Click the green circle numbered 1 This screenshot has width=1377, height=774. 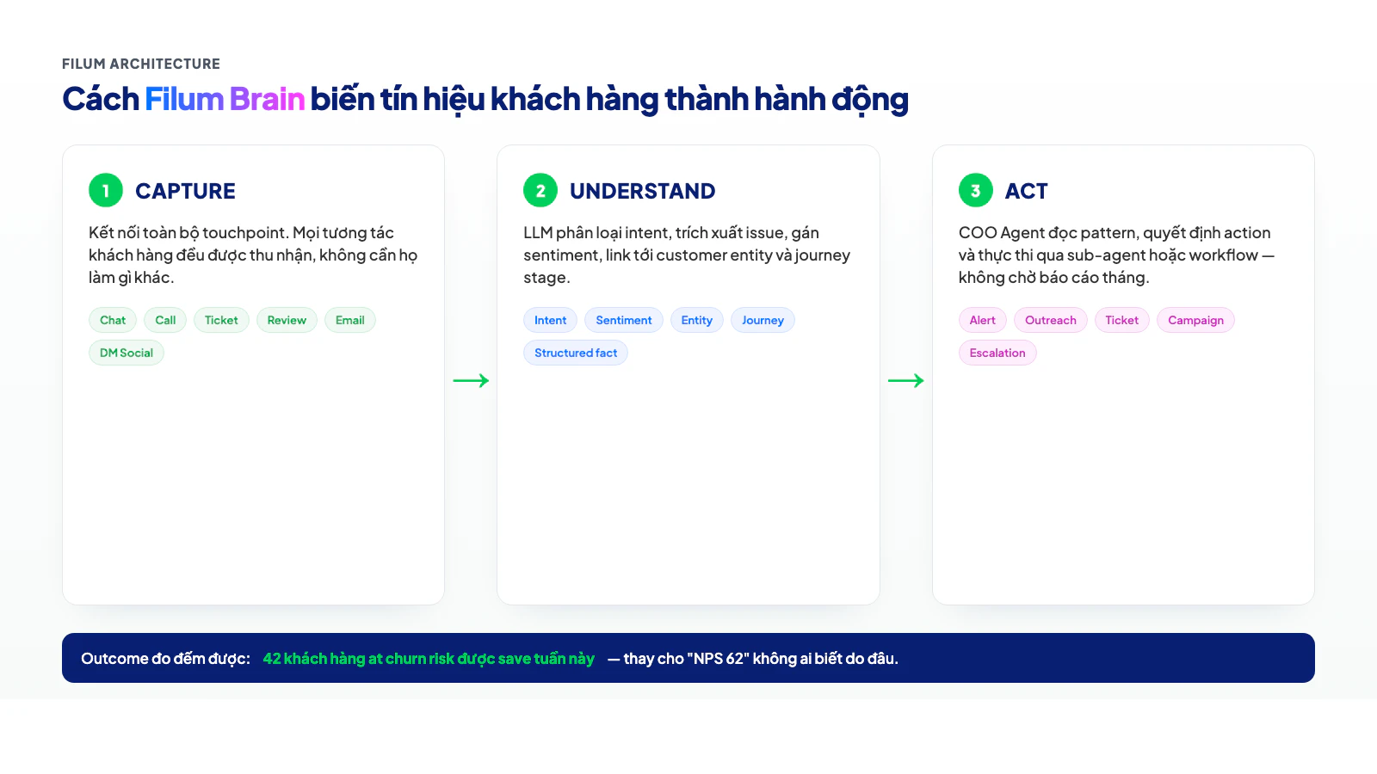pos(106,190)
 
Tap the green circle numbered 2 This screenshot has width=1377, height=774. pos(540,190)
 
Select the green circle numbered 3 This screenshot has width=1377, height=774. pos(975,190)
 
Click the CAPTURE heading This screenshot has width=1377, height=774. pos(185,191)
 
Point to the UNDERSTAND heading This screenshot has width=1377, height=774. pos(642,191)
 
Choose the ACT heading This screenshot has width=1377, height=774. pos(1026,191)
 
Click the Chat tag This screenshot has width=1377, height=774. pos(113,320)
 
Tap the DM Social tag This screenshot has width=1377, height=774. pos(127,353)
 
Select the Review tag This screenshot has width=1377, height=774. pos(287,320)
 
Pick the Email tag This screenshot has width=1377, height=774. pos(350,320)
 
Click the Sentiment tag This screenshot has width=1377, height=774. pos(624,320)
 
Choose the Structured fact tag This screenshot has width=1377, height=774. pos(576,353)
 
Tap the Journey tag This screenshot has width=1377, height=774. pos(763,320)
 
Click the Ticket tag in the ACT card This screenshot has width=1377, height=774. pos(1121,320)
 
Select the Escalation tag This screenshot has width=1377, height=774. pos(997,353)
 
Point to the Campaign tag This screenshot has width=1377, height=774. pos(1195,320)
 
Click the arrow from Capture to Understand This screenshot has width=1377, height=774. pos(471,380)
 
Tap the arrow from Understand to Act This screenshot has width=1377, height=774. pos(905,380)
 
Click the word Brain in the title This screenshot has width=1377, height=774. pos(267,100)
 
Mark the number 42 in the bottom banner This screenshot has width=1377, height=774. pos(272,659)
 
